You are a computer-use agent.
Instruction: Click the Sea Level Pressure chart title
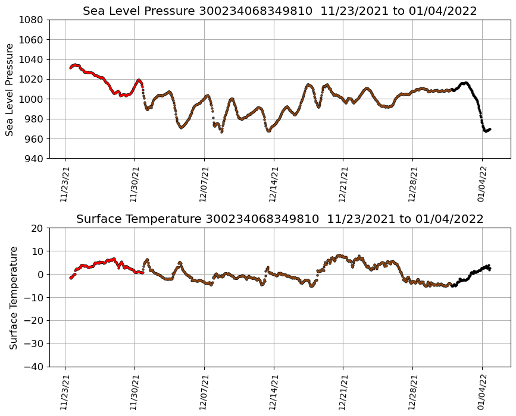pyautogui.click(x=280, y=11)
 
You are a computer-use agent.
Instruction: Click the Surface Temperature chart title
pyautogui.click(x=280, y=219)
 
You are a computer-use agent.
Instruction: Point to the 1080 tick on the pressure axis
pyautogui.click(x=33, y=20)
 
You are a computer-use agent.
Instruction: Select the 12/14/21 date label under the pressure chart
pyautogui.click(x=274, y=184)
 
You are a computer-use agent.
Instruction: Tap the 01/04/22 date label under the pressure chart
pyautogui.click(x=482, y=184)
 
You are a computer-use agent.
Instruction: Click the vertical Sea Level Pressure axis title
pyautogui.click(x=10, y=89)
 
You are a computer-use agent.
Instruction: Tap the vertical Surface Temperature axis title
pyautogui.click(x=13, y=297)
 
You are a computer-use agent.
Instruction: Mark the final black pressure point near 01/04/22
pyautogui.click(x=489, y=129)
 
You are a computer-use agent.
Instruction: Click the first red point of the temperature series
pyautogui.click(x=70, y=278)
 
